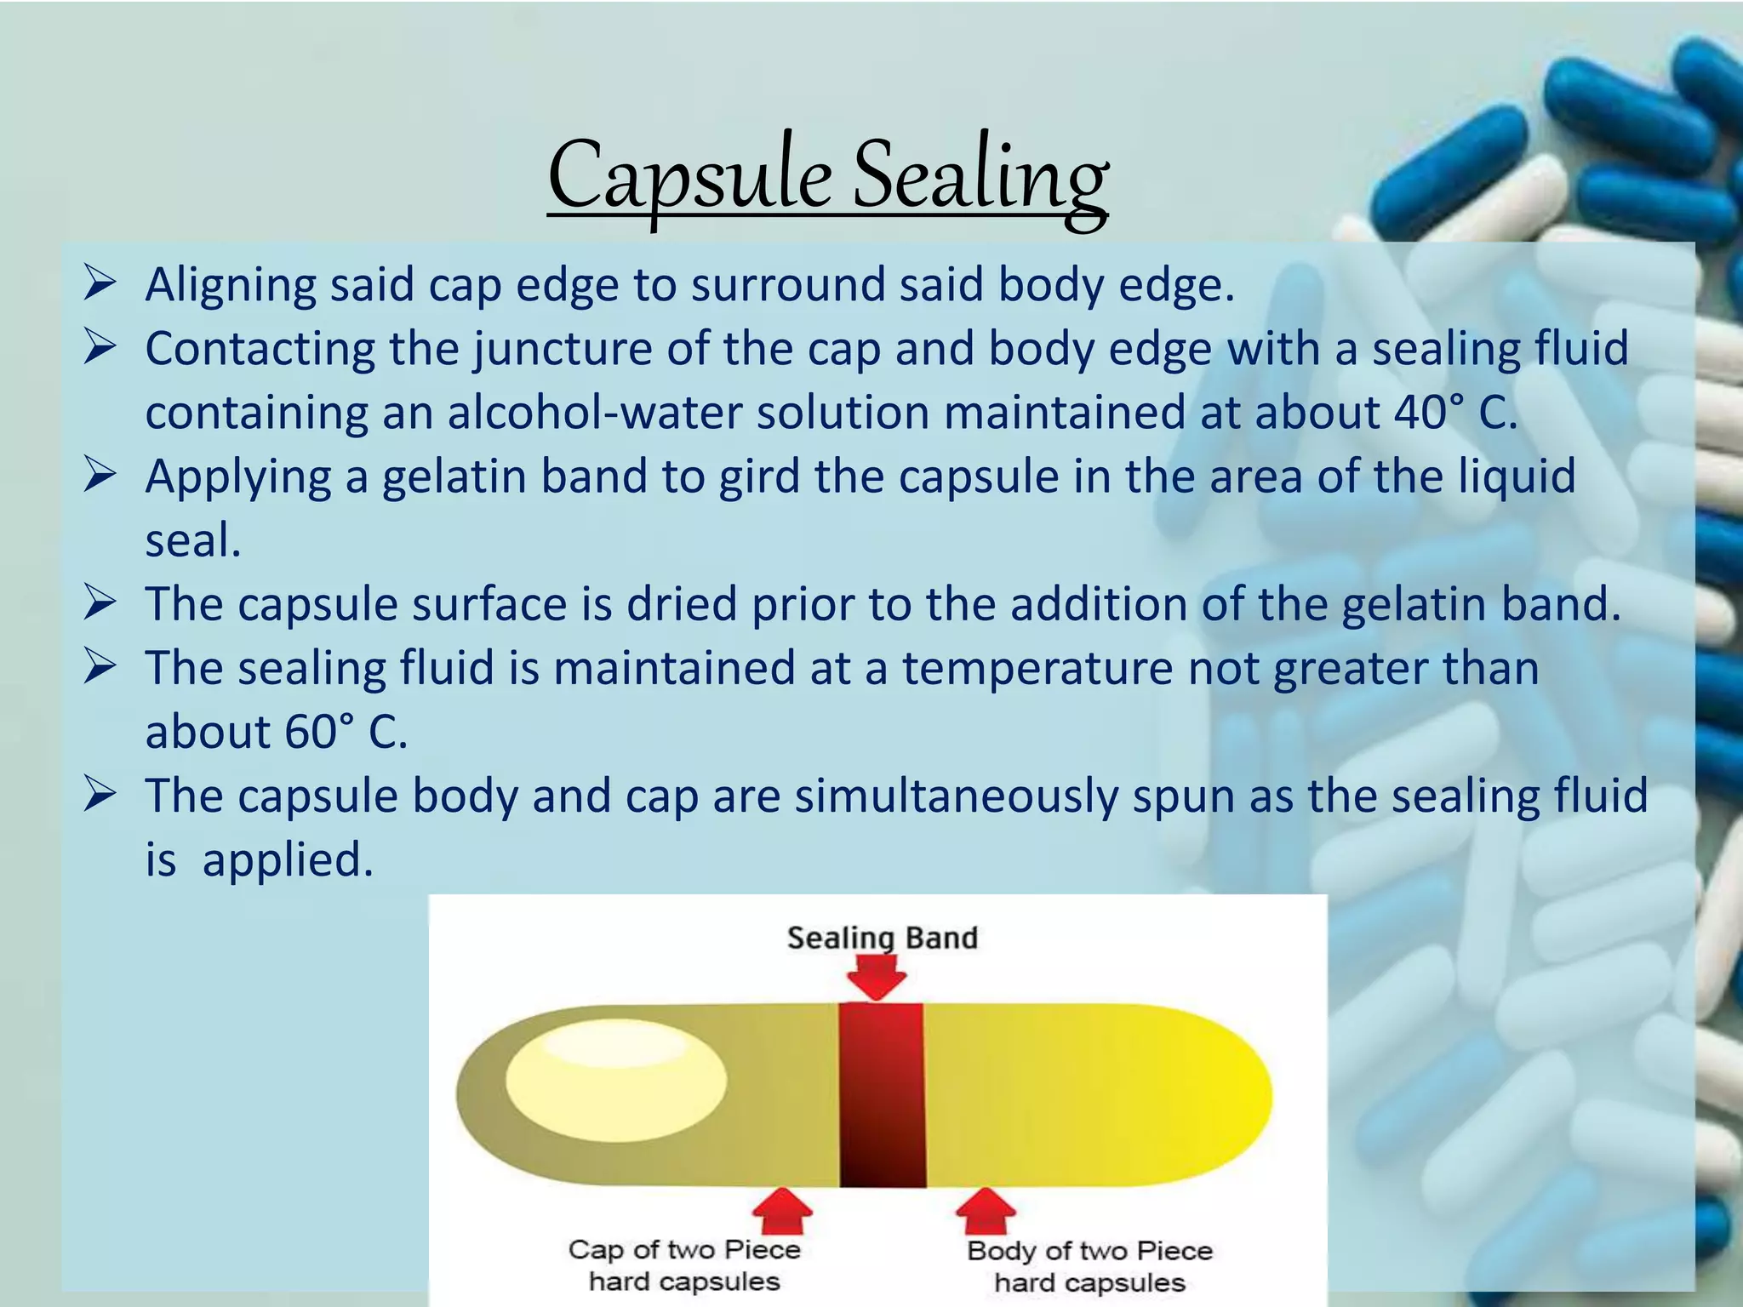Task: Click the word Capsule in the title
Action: coord(689,177)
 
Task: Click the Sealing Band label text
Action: coord(882,938)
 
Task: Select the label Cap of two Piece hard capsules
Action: coord(684,1265)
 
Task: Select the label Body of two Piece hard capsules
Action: coord(1089,1266)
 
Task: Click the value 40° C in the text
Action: coord(1455,413)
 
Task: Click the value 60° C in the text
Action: coord(346,732)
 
